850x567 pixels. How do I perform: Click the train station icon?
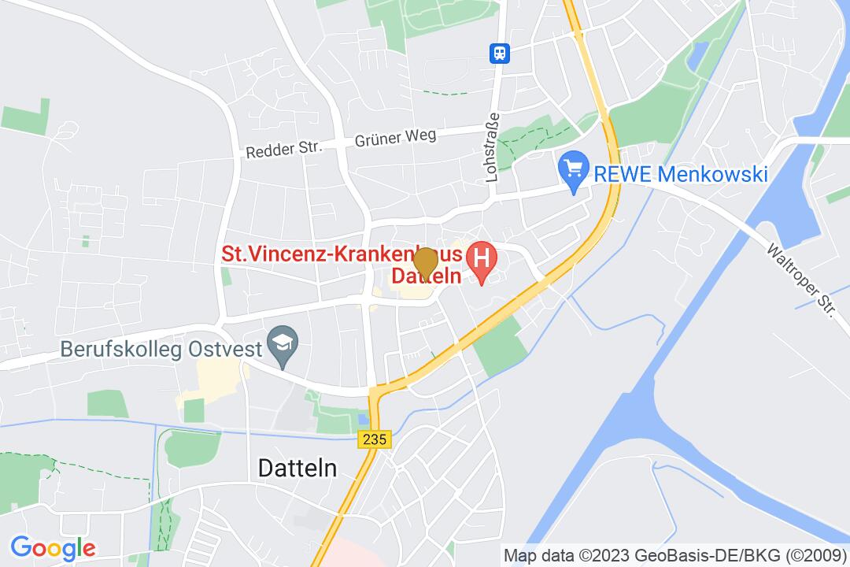500,53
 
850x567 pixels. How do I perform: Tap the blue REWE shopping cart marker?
574,169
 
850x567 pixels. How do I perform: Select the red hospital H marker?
482,260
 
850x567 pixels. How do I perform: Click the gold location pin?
426,262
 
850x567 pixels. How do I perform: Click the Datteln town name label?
297,468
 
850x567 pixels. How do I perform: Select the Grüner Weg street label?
395,138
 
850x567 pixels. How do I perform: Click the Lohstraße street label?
493,147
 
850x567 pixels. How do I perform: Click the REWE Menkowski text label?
680,173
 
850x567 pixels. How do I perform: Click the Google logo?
53,547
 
